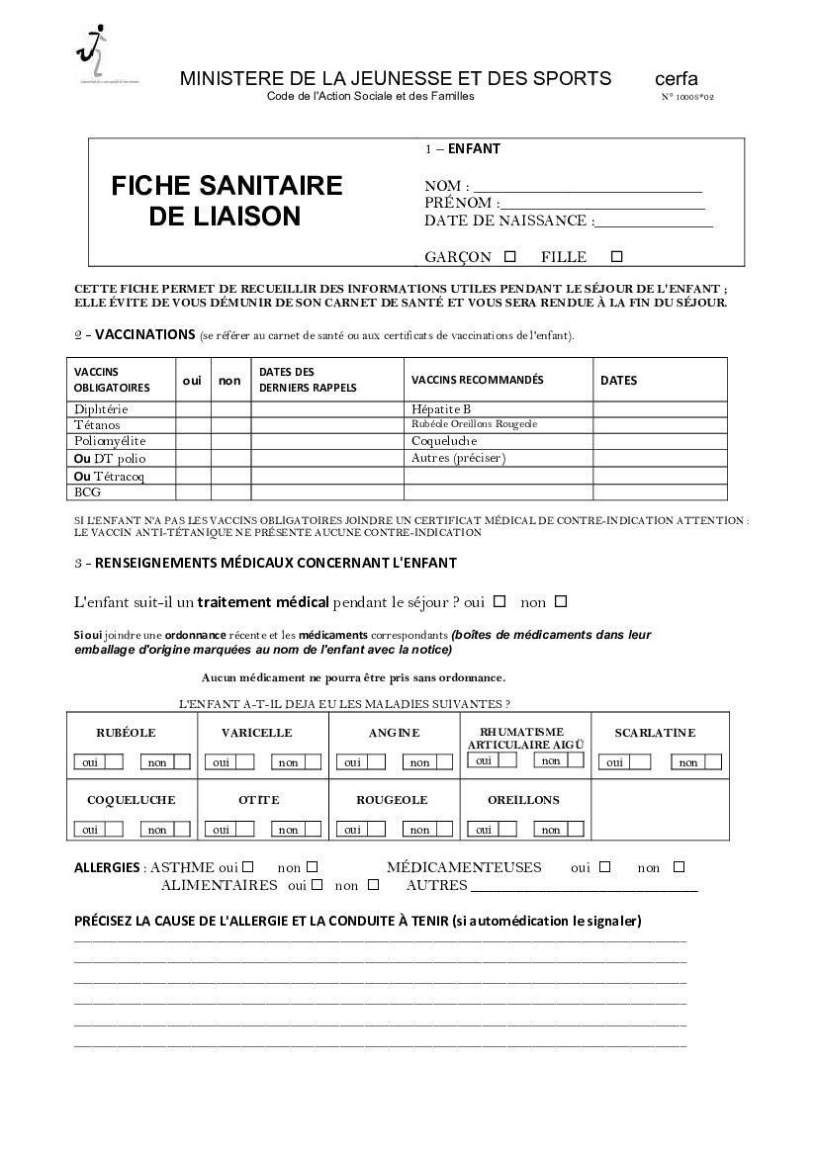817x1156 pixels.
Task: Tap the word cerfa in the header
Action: tap(676, 79)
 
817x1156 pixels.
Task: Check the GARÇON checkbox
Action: tap(510, 256)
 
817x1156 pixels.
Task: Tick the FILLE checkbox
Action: tap(617, 256)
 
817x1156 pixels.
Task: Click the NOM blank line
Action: tap(588, 187)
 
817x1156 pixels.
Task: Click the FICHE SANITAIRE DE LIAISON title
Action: tap(226, 201)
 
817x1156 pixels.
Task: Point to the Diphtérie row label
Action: tap(101, 409)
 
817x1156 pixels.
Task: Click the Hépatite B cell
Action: tap(441, 409)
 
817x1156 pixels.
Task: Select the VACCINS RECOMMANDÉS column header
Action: tap(477, 380)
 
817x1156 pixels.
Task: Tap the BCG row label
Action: tap(87, 491)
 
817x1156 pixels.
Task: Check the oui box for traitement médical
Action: tap(499, 600)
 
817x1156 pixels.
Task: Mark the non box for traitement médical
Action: tap(561, 600)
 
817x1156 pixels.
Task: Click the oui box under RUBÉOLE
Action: tap(114, 762)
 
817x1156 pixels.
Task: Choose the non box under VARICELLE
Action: tap(313, 762)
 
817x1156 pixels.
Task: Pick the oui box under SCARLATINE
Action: tap(640, 762)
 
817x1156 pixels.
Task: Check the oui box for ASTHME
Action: tap(248, 866)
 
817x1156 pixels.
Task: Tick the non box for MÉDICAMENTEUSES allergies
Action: tap(679, 866)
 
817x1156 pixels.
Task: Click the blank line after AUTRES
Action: tap(584, 887)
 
